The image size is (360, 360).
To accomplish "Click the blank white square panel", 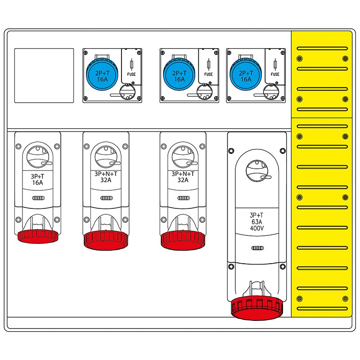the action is coord(44,75).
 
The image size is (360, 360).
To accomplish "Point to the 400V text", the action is coord(257,228).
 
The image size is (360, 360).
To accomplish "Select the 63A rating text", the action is coord(257,221).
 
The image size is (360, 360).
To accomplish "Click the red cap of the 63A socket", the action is coord(256,308).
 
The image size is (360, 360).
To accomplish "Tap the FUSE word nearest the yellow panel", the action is coord(275,75).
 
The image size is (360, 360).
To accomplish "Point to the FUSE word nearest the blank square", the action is coord(132,75).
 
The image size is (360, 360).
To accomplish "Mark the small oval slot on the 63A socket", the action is coord(257,248).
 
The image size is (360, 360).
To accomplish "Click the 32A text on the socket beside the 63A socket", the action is coord(183,180).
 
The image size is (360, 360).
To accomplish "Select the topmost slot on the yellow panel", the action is coord(321,47).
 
